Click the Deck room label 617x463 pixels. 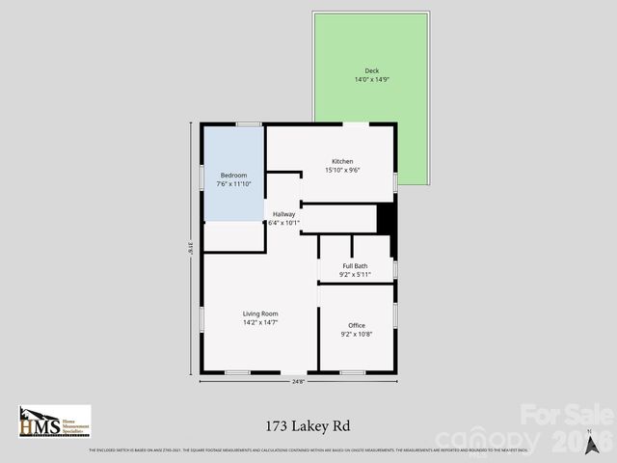point(371,70)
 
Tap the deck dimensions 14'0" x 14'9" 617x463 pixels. point(371,79)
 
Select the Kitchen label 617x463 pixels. point(342,161)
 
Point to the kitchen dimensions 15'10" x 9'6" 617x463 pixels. point(342,170)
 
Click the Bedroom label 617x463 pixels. point(233,175)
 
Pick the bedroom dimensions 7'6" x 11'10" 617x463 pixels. point(233,183)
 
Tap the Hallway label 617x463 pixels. point(283,214)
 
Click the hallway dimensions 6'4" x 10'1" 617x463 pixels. point(283,223)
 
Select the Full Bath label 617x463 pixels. point(355,266)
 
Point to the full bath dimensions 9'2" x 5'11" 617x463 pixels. point(355,275)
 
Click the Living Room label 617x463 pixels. point(260,313)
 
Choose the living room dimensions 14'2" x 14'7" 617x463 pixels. point(260,322)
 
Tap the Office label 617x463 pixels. point(357,325)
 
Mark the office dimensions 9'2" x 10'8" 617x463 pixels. point(357,334)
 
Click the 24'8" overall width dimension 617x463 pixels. point(298,382)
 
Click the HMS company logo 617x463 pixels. point(54,422)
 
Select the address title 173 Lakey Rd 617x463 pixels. point(308,423)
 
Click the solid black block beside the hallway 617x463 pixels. point(386,218)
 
